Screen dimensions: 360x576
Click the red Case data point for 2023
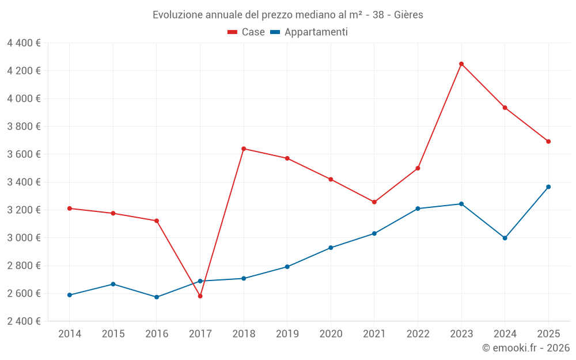tap(461, 64)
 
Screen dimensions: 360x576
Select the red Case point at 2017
tap(200, 296)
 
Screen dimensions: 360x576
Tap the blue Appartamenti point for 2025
tap(548, 187)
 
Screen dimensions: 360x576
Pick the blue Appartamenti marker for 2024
tap(505, 238)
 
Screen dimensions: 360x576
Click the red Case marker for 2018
tap(244, 149)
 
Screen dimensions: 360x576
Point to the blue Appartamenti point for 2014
tap(69, 295)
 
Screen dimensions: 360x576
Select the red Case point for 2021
tap(374, 202)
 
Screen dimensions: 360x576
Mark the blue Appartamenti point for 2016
tap(157, 297)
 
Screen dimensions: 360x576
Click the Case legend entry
tap(247, 32)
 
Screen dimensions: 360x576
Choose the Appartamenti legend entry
tap(309, 32)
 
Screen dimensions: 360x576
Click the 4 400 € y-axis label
tap(24, 43)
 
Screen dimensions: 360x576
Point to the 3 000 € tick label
tap(24, 238)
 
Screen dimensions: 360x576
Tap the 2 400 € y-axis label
tap(24, 321)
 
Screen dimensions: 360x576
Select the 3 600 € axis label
tap(24, 154)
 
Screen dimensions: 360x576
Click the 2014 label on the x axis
tap(69, 334)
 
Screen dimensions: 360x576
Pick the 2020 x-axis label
tap(331, 334)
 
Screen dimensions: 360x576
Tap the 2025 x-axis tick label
tap(548, 334)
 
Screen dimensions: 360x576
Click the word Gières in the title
tap(408, 15)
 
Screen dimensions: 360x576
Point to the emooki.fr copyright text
tap(525, 348)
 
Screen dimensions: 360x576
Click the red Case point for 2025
tap(548, 142)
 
